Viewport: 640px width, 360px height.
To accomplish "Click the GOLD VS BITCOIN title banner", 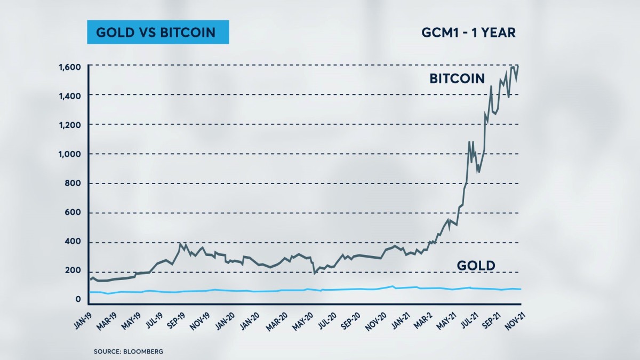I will coord(156,33).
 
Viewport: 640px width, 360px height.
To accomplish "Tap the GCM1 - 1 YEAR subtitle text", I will coord(468,33).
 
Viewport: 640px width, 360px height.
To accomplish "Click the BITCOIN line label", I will coord(457,79).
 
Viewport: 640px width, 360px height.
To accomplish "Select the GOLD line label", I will coord(476,266).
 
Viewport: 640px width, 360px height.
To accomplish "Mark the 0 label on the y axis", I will coord(78,300).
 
